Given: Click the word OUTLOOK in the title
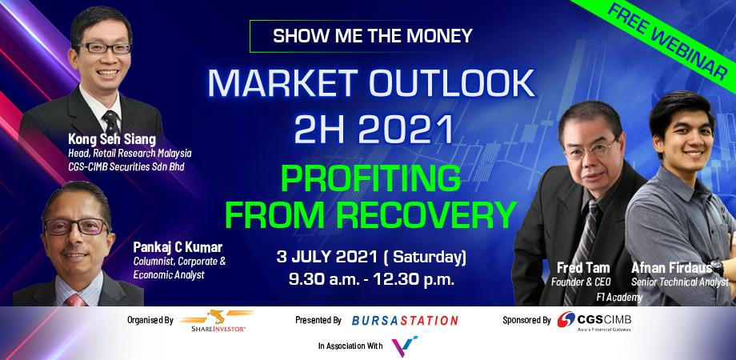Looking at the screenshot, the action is pyautogui.click(x=452, y=84).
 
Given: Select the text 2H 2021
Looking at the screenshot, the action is pyautogui.click(x=374, y=129).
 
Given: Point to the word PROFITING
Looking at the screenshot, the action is pyautogui.click(x=371, y=178).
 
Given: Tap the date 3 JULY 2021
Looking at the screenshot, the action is pyautogui.click(x=326, y=258).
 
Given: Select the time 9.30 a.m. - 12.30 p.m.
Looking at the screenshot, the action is pyautogui.click(x=371, y=280).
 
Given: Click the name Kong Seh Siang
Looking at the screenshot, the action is pyautogui.click(x=112, y=139).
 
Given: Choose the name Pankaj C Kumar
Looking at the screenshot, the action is pyautogui.click(x=178, y=247).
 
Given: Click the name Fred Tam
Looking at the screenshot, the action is pyautogui.click(x=583, y=268).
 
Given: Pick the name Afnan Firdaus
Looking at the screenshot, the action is pyautogui.click(x=672, y=267).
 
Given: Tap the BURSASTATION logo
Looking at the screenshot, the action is pyautogui.click(x=405, y=321).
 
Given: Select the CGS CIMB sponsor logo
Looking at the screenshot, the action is pyautogui.click(x=594, y=321).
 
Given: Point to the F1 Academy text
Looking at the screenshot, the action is pyautogui.click(x=619, y=297).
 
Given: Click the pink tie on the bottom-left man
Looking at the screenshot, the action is pyautogui.click(x=75, y=300).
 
